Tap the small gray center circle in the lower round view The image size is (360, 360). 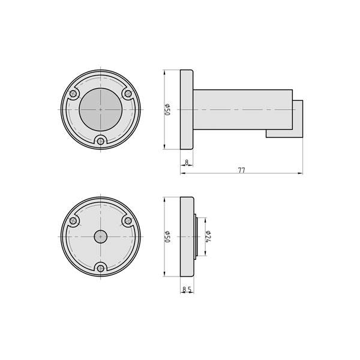(100, 236)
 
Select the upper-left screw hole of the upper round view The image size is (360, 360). (74, 94)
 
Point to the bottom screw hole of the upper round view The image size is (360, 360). (100, 141)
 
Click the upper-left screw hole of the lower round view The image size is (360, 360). (74, 221)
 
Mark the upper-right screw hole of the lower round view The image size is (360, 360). (127, 221)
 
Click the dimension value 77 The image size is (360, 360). (241, 170)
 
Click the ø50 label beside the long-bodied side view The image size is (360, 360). (168, 109)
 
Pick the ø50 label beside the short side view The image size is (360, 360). (168, 236)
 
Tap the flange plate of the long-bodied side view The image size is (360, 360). (186, 110)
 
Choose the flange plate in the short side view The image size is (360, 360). (187, 236)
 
